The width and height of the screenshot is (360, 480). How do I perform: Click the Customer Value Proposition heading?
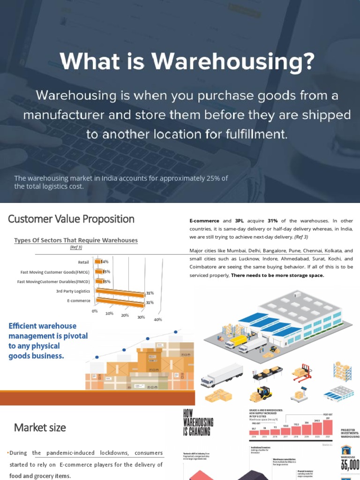point(71,219)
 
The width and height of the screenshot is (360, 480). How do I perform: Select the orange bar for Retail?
point(98,262)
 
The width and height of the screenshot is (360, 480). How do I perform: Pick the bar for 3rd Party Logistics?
point(120,292)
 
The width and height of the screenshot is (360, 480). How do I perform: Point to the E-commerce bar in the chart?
point(120,303)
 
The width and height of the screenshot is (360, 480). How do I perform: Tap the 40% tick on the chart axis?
point(157,320)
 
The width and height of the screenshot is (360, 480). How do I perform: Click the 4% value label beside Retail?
point(105,262)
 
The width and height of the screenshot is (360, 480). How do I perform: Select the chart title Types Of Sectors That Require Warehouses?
point(76,240)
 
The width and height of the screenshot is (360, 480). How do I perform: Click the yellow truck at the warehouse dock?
point(236,340)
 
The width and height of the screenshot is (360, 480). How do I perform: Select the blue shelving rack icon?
point(342,371)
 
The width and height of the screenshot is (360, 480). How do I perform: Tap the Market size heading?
point(40,427)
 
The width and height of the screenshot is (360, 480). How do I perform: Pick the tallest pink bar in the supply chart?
point(327,427)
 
